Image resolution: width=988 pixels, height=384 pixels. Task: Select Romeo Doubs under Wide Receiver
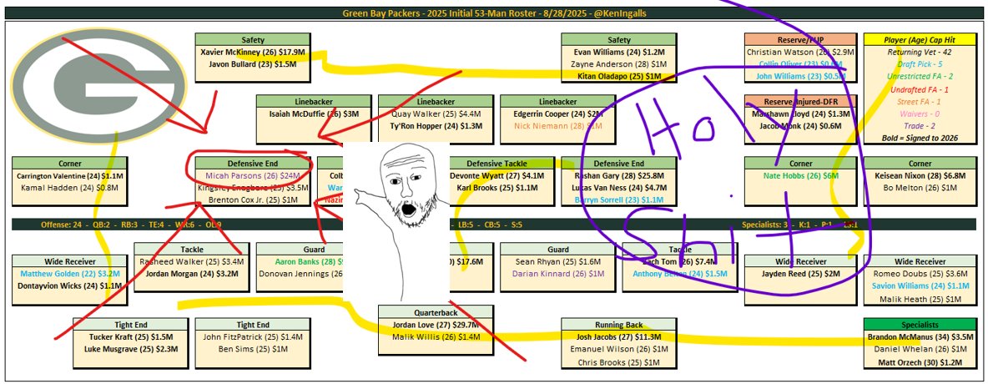pos(920,274)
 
